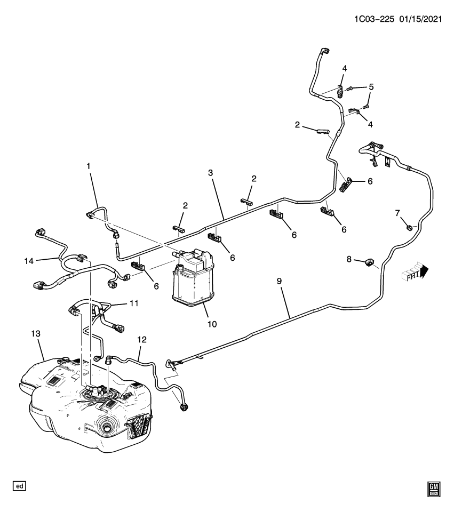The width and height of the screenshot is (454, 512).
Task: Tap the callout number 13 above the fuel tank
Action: click(x=35, y=333)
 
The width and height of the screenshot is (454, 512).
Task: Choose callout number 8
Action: click(x=349, y=259)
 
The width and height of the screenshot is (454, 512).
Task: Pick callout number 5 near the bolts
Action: click(x=371, y=86)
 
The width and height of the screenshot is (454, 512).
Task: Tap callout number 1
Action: click(x=89, y=166)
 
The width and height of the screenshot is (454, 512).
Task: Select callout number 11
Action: click(x=133, y=303)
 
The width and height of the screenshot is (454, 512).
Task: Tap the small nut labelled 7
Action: click(x=409, y=228)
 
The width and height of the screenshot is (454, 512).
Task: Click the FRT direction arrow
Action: click(x=416, y=273)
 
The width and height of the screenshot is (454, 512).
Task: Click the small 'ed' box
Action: click(x=20, y=486)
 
